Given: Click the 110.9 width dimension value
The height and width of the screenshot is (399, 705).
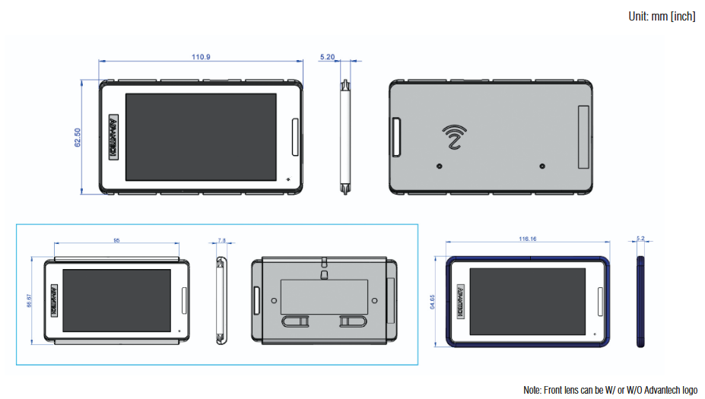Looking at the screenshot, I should tap(201, 57).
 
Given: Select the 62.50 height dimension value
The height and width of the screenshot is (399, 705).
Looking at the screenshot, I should tap(78, 137).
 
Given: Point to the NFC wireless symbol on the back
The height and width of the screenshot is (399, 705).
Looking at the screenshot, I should tap(455, 137).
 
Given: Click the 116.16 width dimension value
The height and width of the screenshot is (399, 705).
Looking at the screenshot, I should tap(529, 239).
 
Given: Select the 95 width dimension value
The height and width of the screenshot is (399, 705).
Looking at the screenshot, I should tap(116, 240).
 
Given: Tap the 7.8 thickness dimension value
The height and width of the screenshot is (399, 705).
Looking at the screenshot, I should tap(221, 240).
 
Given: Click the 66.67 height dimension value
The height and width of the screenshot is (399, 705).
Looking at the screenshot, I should tap(30, 302).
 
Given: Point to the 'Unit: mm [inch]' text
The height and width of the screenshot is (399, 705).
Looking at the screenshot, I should tap(662, 16).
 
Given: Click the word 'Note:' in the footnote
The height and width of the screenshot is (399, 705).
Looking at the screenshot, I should tap(534, 390).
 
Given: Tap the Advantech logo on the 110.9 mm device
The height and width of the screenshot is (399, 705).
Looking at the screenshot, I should tap(113, 138).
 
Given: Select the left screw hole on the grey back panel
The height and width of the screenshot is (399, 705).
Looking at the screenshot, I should tap(439, 166).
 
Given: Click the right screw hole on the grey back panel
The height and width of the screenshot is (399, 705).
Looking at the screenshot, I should tap(541, 166).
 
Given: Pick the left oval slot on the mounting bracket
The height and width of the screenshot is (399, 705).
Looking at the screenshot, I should tap(297, 322).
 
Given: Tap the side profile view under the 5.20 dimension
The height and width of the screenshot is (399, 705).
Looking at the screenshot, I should tap(345, 137).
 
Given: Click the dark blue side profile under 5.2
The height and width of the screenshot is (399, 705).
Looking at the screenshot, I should tap(640, 302).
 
